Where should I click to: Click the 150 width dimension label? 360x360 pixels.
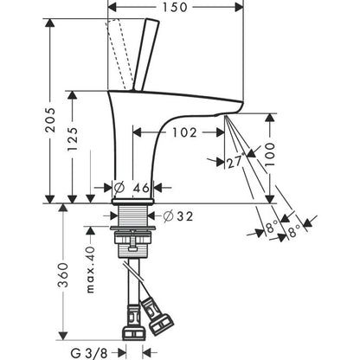pyautogui.click(x=175, y=7)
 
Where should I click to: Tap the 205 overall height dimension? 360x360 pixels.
pyautogui.click(x=51, y=120)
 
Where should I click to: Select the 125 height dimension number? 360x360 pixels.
pyautogui.click(x=72, y=139)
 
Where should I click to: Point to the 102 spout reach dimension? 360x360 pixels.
pyautogui.click(x=184, y=132)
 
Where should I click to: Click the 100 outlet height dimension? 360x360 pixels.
pyautogui.click(x=270, y=154)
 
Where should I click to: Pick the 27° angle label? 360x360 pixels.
pyautogui.click(x=236, y=161)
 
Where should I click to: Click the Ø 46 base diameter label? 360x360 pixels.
pyautogui.click(x=132, y=188)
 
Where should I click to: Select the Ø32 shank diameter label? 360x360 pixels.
pyautogui.click(x=177, y=216)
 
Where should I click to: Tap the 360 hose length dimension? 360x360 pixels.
pyautogui.click(x=63, y=275)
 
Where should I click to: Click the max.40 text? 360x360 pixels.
pyautogui.click(x=91, y=270)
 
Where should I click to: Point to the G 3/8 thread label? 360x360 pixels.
pyautogui.click(x=89, y=353)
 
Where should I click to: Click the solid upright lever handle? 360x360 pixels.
pyautogui.click(x=146, y=55)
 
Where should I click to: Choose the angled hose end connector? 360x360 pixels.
pyautogui.click(x=157, y=318)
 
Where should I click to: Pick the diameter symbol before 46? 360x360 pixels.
pyautogui.click(x=119, y=188)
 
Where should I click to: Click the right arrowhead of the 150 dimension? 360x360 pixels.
pyautogui.click(x=239, y=7)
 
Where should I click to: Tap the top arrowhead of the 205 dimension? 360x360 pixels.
pyautogui.click(x=50, y=22)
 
